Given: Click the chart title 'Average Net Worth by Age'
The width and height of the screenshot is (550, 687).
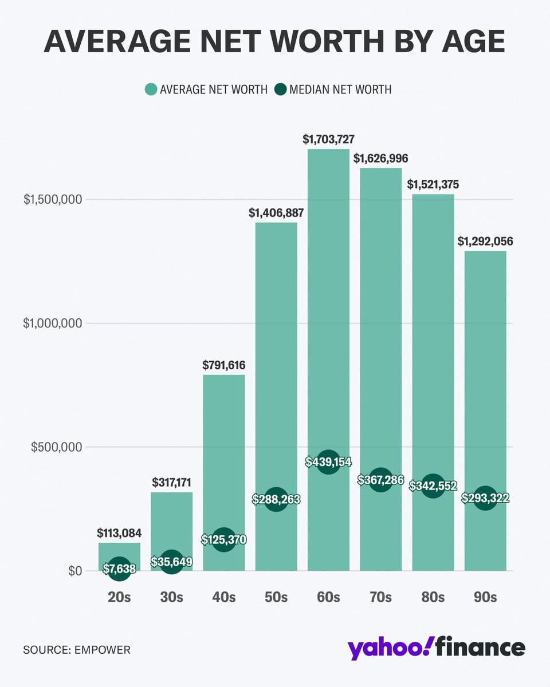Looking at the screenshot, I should click(x=275, y=41).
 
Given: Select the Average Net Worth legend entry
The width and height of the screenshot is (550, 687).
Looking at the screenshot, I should click(x=206, y=89).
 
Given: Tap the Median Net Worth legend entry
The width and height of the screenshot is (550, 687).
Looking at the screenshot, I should click(x=333, y=89).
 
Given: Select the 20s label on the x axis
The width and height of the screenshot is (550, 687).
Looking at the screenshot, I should click(x=119, y=597).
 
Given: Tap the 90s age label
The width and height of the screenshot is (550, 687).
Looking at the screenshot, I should click(x=485, y=597).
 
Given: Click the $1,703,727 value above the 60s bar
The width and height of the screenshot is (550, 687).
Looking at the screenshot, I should click(x=328, y=139).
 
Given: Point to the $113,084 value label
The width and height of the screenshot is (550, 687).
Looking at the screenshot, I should click(x=119, y=533).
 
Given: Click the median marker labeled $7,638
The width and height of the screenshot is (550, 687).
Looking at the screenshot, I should click(x=119, y=568).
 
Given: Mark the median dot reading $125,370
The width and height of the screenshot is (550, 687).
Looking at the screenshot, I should click(x=223, y=539).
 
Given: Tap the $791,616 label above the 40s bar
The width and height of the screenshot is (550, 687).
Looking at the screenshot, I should click(x=223, y=365).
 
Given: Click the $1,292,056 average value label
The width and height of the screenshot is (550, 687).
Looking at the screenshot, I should click(x=485, y=241).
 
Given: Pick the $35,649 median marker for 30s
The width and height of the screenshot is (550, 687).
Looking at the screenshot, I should click(x=171, y=562).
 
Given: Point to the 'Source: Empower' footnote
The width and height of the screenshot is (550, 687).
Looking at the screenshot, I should click(x=77, y=650).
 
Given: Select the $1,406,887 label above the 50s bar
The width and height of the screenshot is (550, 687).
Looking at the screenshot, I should click(x=276, y=212).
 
